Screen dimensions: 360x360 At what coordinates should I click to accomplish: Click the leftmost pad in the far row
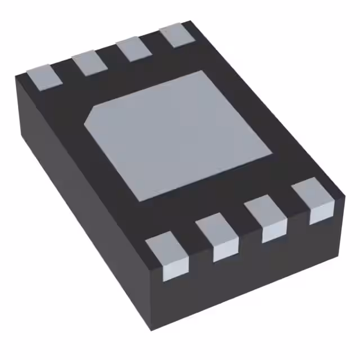click(x=44, y=76)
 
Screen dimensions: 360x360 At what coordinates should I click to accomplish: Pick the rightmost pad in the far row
click(x=176, y=35)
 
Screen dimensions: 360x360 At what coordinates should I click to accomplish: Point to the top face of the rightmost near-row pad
click(x=312, y=193)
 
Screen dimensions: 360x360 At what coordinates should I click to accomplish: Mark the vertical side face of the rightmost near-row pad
click(x=321, y=213)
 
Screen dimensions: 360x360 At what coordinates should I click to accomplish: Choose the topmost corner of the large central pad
click(x=201, y=71)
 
